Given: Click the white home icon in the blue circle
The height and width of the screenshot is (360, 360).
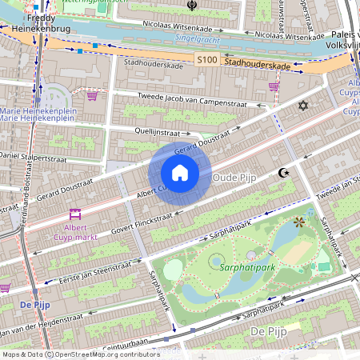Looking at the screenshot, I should (x=180, y=173).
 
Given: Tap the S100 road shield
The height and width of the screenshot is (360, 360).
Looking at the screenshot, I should (x=206, y=60).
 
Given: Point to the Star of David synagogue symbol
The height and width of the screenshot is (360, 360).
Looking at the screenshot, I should (x=302, y=106).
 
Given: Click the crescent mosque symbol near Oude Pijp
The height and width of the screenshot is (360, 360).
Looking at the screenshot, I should (x=282, y=173).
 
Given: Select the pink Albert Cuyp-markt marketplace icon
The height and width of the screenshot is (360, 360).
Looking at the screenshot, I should (x=76, y=214).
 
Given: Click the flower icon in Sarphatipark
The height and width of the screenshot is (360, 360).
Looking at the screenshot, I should (x=299, y=222).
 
